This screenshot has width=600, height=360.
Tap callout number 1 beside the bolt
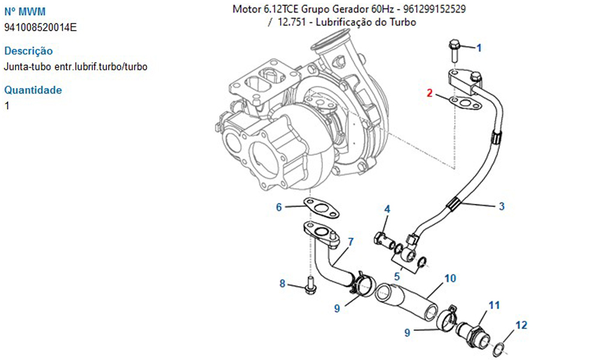[479, 47]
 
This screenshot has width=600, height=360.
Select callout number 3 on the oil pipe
[502, 206]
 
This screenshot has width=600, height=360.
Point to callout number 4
[388, 209]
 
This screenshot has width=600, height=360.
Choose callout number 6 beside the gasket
[279, 208]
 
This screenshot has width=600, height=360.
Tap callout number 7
[350, 242]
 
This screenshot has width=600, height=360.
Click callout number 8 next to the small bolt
[282, 283]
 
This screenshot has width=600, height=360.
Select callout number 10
[450, 278]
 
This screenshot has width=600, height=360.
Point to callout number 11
[493, 305]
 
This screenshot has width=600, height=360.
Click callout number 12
[521, 325]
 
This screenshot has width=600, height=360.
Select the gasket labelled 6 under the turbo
[319, 206]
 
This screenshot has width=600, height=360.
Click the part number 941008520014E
[40, 28]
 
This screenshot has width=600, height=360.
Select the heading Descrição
[28, 51]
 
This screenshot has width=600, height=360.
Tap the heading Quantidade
[33, 91]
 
